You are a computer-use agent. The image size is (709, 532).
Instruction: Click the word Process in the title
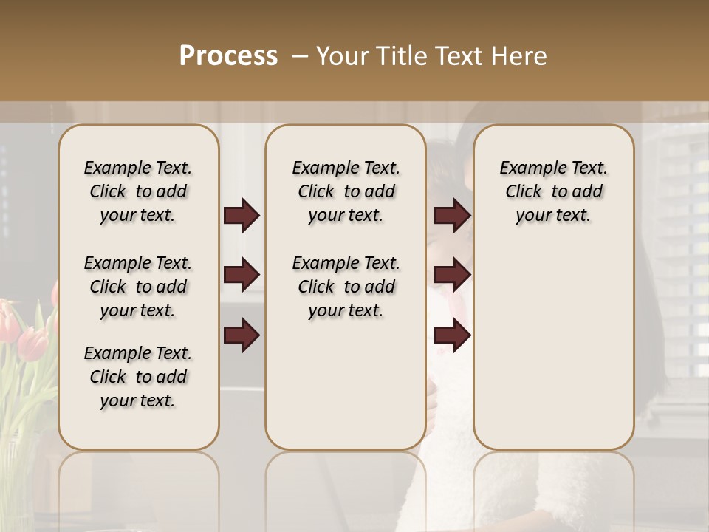228,56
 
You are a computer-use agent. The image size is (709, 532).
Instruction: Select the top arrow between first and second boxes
242,216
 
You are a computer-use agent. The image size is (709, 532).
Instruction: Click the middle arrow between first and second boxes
242,275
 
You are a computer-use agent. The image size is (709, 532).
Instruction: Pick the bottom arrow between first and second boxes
242,335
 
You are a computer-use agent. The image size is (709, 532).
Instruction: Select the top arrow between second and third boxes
452,216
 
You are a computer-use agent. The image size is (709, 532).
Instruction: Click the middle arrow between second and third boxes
452,275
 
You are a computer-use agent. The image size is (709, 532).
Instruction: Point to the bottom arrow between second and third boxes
452,335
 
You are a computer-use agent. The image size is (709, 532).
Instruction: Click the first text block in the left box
138,191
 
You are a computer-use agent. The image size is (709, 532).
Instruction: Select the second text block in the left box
138,287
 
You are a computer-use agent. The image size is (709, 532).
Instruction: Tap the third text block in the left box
138,377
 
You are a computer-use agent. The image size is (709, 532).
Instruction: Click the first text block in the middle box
346,191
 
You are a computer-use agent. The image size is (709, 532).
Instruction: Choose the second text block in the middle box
346,287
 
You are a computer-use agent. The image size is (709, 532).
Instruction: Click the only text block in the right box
553,191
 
